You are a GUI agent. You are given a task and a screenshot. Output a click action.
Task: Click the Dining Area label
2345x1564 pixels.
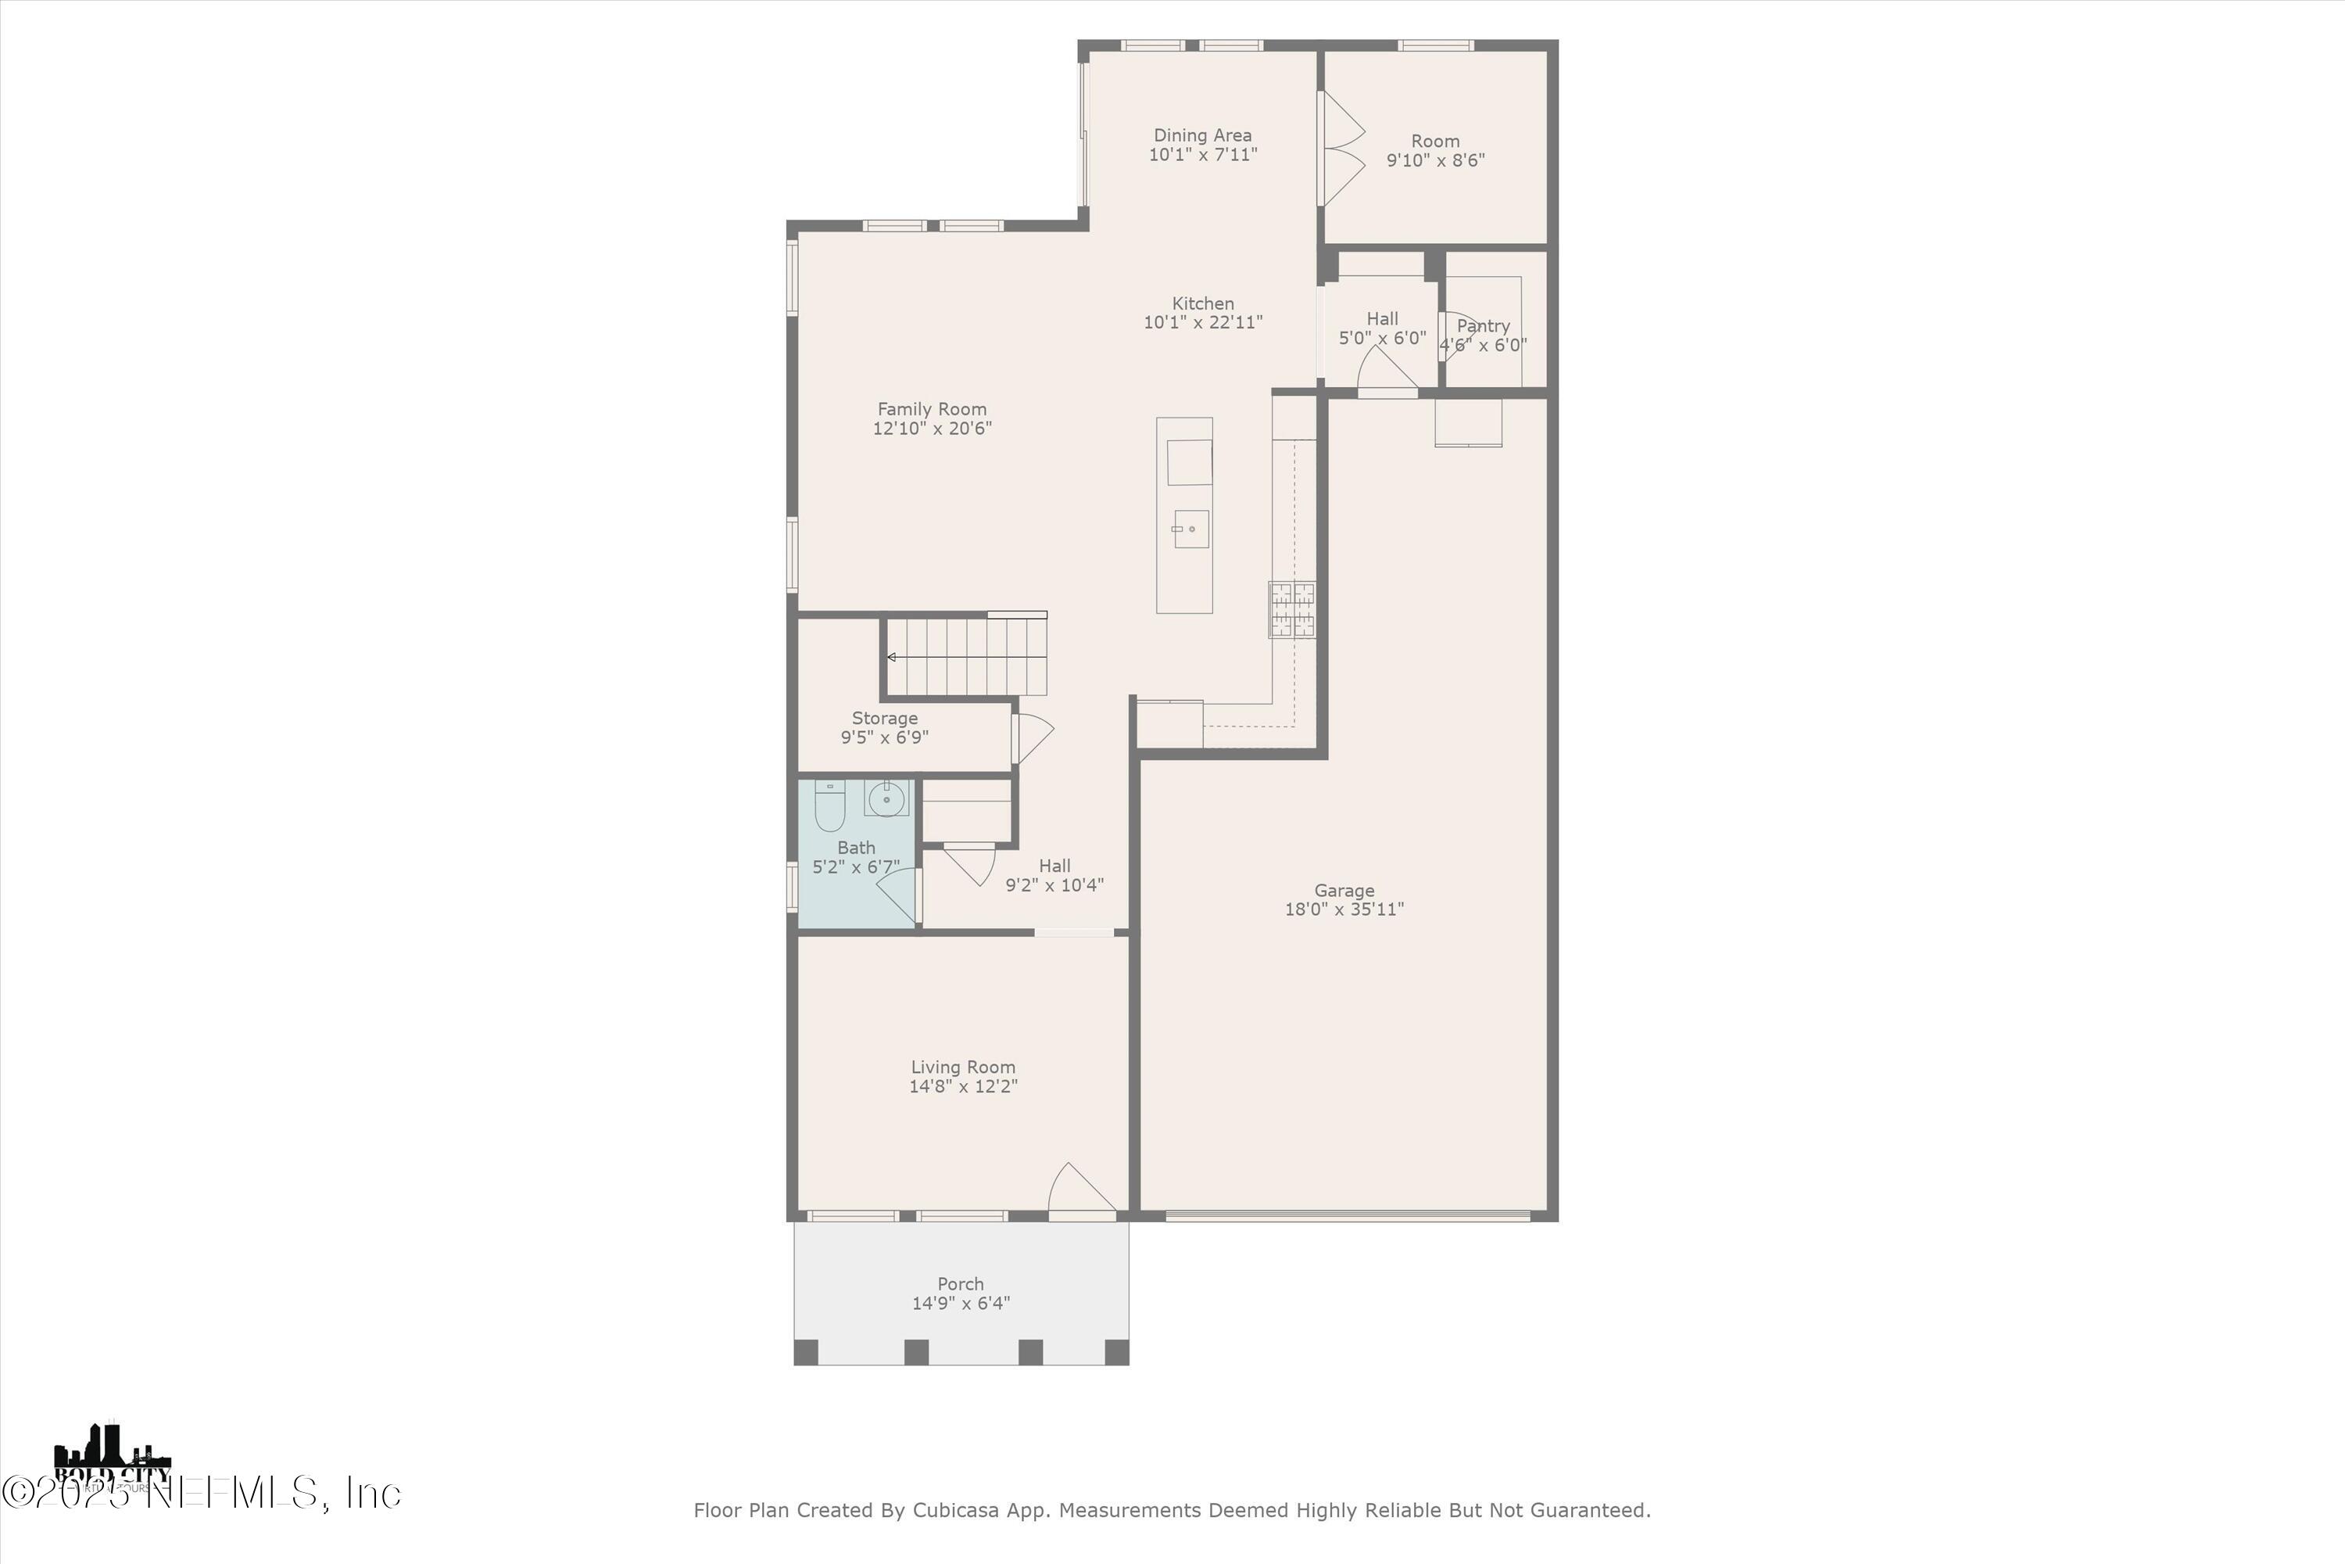(1202, 135)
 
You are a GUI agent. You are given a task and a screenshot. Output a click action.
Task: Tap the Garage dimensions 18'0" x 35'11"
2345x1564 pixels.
(1344, 909)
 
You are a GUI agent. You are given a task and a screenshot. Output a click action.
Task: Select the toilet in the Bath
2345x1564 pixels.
(829, 806)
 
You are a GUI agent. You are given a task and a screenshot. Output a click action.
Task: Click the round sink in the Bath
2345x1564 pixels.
(886, 799)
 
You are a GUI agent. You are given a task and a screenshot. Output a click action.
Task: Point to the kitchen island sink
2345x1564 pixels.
(1190, 529)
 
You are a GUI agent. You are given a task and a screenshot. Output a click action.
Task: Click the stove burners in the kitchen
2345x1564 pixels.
(1292, 609)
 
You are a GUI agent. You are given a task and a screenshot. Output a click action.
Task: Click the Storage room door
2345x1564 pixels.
(1033, 739)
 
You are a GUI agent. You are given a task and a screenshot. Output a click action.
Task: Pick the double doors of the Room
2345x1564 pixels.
(1342, 149)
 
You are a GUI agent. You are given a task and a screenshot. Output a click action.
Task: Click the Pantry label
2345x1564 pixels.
(1483, 326)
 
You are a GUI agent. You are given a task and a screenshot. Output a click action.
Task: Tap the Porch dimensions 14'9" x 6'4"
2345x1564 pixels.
(960, 1303)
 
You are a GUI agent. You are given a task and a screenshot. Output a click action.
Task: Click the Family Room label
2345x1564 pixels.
(931, 409)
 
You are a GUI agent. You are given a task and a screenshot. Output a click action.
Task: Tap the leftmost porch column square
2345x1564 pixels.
(806, 1353)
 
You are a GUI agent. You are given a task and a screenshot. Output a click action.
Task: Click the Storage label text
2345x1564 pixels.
(884, 718)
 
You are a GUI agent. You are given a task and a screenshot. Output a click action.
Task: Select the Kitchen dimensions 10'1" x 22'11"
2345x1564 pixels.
(1202, 322)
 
